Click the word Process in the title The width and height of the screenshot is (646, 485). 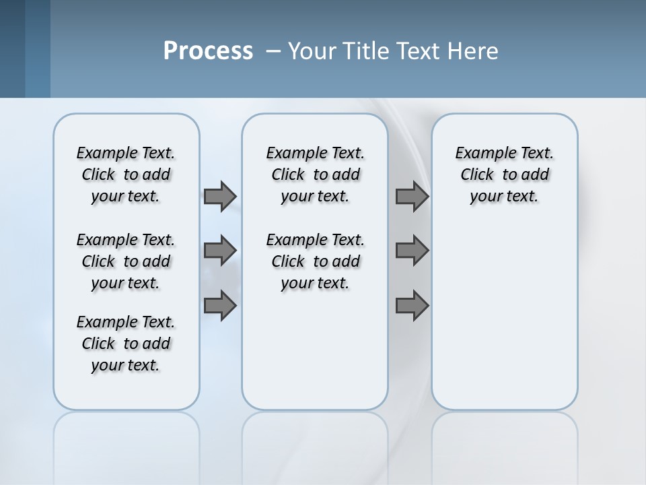tap(208, 51)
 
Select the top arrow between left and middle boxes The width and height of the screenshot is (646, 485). tap(220, 196)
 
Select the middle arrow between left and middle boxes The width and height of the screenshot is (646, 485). tap(220, 251)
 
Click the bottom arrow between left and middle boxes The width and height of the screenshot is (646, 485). tap(220, 305)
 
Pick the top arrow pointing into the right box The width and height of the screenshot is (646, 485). tap(412, 196)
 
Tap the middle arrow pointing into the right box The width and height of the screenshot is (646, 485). tap(412, 251)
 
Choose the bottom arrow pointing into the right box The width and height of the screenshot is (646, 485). tap(412, 305)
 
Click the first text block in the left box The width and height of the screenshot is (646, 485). tap(126, 174)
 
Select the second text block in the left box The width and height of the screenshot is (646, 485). tap(126, 261)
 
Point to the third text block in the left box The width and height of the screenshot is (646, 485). tap(126, 344)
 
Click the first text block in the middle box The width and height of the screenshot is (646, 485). tap(315, 174)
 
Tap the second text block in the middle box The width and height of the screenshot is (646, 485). tap(315, 261)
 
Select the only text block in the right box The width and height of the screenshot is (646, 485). tap(504, 174)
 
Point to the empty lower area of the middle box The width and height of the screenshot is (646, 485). tap(315, 350)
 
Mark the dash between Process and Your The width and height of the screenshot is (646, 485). tap(274, 51)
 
